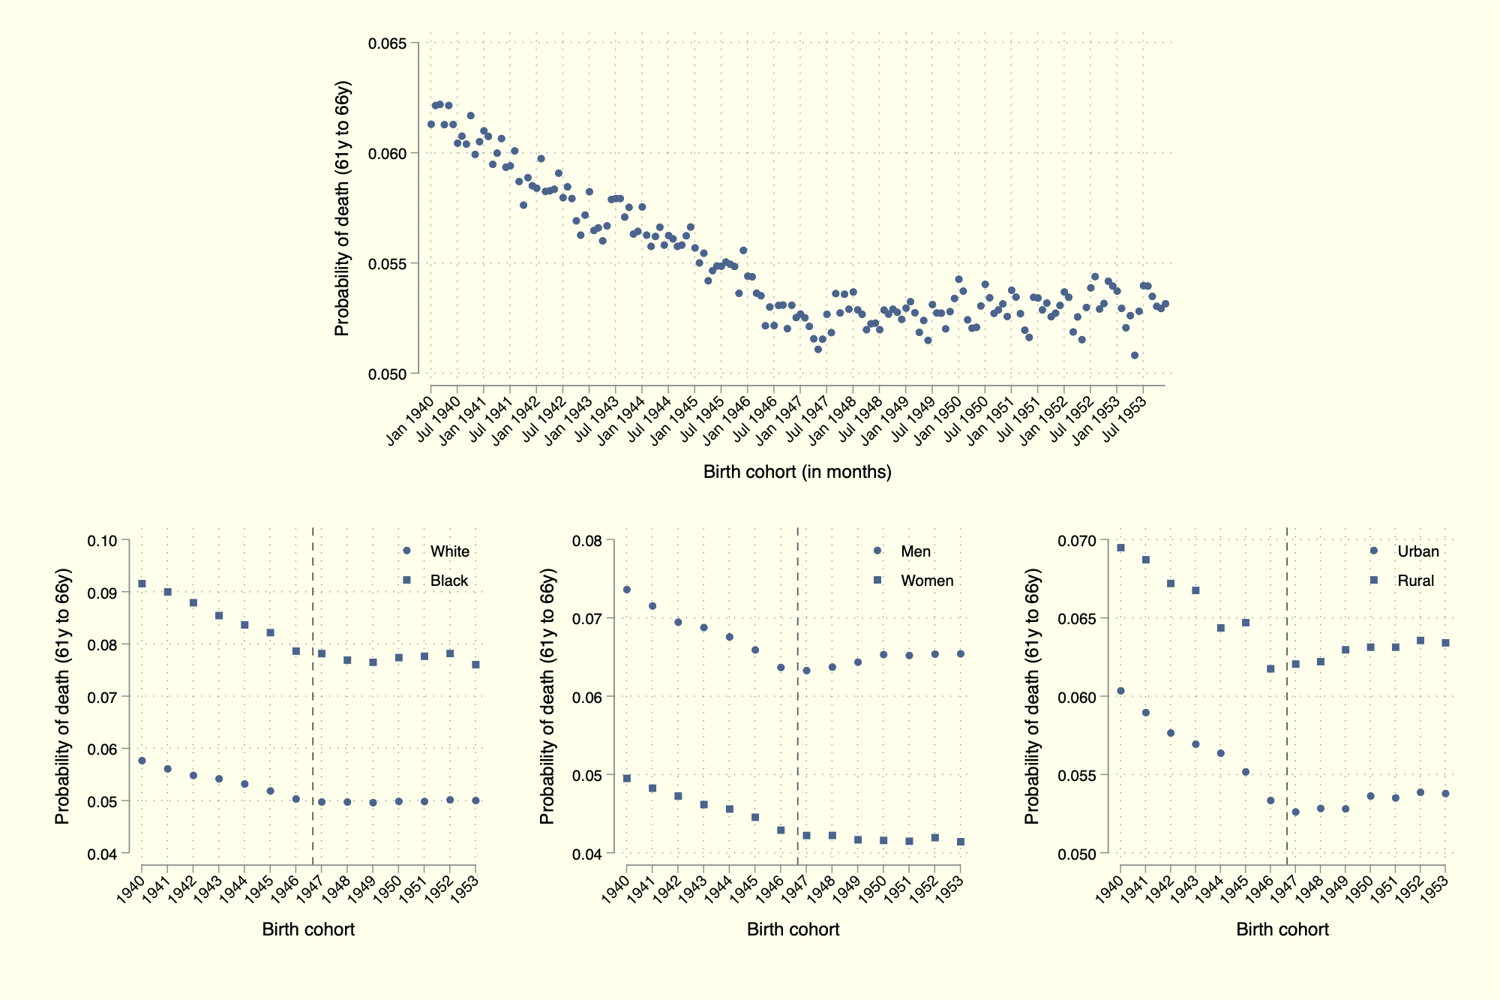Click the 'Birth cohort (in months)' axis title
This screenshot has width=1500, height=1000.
(x=797, y=472)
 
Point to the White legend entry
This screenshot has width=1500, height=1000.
(x=449, y=551)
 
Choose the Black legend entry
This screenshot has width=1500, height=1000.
(x=448, y=581)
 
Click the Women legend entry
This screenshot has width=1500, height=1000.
(x=926, y=581)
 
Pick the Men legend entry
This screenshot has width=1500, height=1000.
(x=915, y=551)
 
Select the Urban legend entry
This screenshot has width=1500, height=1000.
(x=1417, y=551)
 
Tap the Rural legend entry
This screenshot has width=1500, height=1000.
(x=1415, y=581)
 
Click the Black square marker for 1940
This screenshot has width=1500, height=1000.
(x=142, y=584)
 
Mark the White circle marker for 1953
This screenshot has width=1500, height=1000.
(x=475, y=800)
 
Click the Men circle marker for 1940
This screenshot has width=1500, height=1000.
(x=627, y=590)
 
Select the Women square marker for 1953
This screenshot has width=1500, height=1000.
(x=961, y=842)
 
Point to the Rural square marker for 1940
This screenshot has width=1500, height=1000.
(x=1120, y=548)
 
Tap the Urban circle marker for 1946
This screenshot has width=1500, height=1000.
(x=1270, y=800)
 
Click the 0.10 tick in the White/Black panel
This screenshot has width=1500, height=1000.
(x=102, y=541)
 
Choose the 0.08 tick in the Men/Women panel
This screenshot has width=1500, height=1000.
(x=587, y=541)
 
